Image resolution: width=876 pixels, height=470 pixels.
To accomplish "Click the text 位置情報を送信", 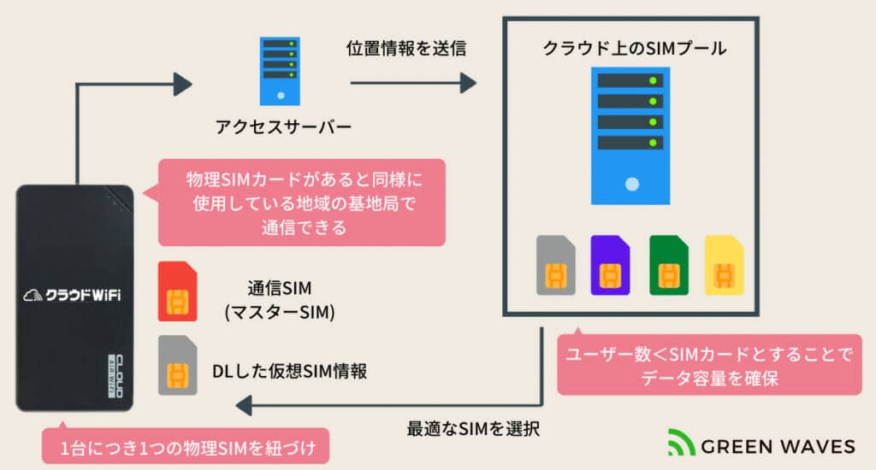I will [406, 49].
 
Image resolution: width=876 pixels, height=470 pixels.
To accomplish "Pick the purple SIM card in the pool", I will [610, 265].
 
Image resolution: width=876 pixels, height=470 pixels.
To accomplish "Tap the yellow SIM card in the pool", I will [724, 265].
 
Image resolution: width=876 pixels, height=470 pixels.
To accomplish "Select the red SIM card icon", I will [178, 291].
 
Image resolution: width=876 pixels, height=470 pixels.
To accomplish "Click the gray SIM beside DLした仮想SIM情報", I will [178, 364].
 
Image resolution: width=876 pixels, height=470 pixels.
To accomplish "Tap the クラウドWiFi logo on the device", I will [73, 295].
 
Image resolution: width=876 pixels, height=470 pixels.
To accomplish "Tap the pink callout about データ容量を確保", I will [709, 363].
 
